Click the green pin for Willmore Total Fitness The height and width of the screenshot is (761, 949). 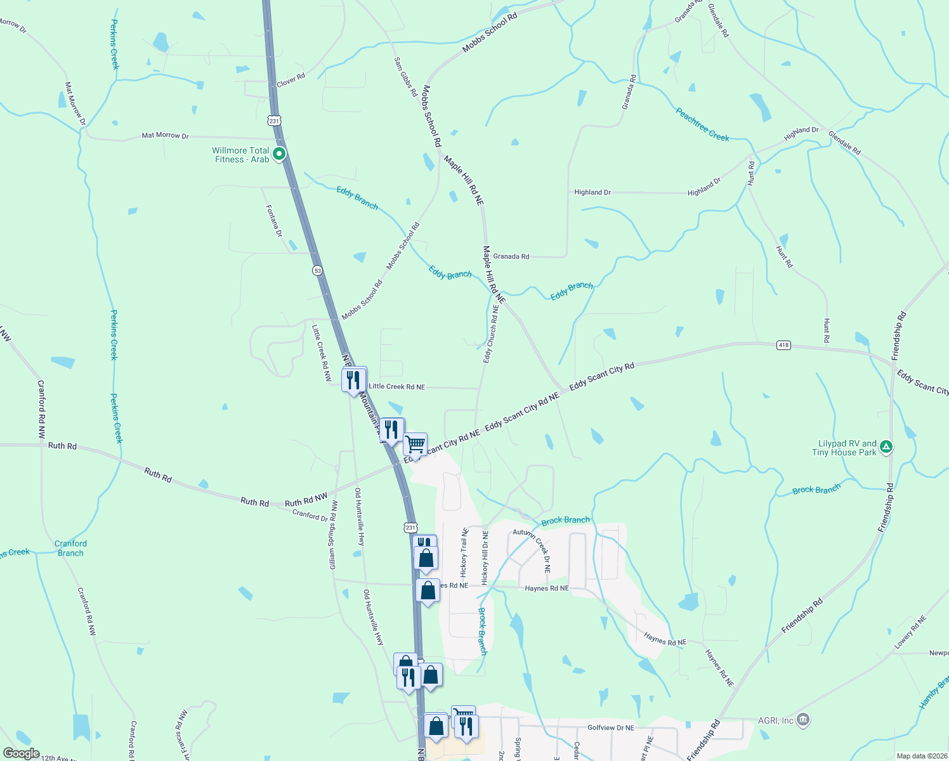[x=278, y=154]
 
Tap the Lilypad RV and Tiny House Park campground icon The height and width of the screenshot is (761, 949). [x=887, y=447]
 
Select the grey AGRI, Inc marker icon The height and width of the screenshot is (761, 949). [x=803, y=720]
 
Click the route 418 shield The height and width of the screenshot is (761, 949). [x=783, y=345]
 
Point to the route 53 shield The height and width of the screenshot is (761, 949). [x=317, y=271]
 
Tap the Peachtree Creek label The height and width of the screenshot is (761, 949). [x=702, y=124]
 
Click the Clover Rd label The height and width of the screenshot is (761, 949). [x=291, y=81]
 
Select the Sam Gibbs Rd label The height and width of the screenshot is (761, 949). [x=405, y=77]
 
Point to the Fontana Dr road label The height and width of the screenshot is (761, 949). [x=274, y=220]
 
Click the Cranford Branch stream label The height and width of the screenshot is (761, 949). [x=70, y=548]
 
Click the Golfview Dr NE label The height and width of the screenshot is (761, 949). [x=610, y=727]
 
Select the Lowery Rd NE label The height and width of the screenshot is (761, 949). [x=910, y=632]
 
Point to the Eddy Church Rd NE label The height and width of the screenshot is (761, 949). [x=491, y=334]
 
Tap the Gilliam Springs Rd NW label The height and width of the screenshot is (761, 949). [x=333, y=535]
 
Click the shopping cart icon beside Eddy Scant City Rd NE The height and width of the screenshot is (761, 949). [x=415, y=445]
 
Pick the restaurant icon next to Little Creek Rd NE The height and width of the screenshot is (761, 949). [x=353, y=380]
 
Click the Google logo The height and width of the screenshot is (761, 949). [x=21, y=753]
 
